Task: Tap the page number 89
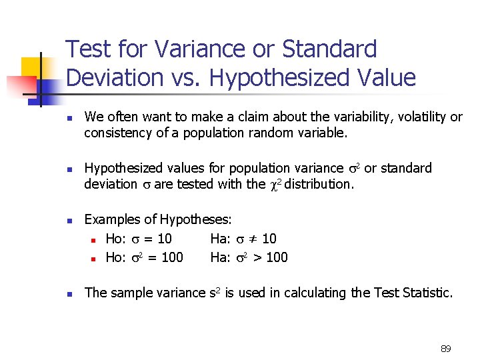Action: click(x=446, y=349)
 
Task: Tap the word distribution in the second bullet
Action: click(x=318, y=183)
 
